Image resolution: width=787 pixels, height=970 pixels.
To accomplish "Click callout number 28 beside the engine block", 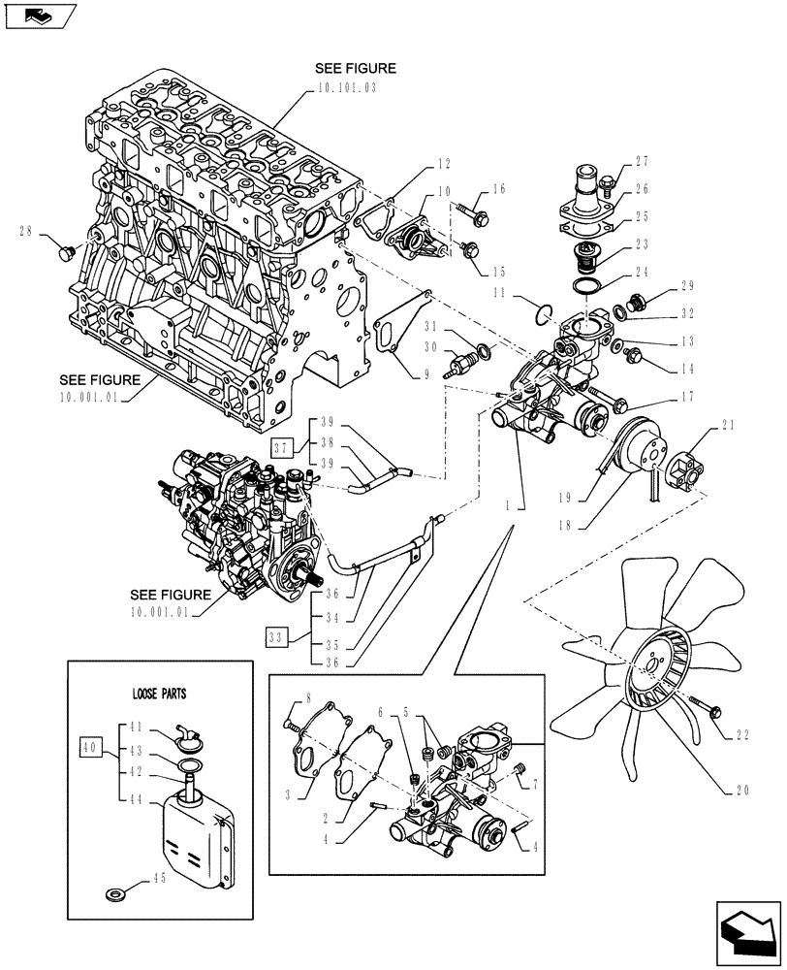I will click(x=26, y=231).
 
